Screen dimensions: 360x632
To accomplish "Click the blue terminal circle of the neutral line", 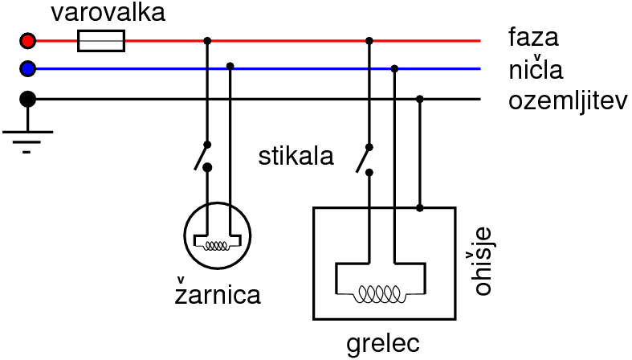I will pos(28,69).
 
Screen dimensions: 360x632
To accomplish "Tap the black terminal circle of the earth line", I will pos(28,99).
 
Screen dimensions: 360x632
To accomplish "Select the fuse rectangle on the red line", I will pos(101,40).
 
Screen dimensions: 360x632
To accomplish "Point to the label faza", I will pos(532,37).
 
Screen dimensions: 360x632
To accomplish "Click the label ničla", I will pos(535,68).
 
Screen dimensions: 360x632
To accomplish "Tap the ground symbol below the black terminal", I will pos(28,137).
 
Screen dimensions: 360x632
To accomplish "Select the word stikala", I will pos(296,156).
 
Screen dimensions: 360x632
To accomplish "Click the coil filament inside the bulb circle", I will pos(218,245).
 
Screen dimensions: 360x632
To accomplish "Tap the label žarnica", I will pos(218,294).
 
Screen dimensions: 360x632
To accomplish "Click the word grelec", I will pos(383,344).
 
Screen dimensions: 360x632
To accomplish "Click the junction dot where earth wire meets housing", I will pos(420,208).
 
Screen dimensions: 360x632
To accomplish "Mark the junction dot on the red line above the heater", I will pos(369,40).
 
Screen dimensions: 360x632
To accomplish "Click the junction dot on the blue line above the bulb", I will pos(230,65).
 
